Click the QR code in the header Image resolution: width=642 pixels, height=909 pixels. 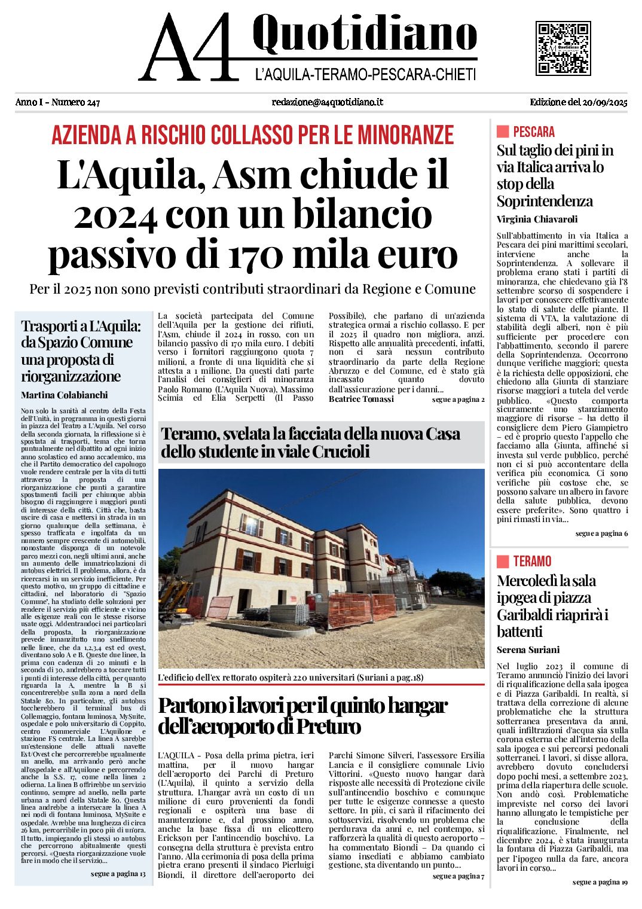[x=563, y=48]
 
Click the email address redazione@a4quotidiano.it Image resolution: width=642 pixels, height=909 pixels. [x=327, y=102]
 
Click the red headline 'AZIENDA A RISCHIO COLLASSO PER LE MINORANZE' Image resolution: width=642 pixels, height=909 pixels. [x=252, y=135]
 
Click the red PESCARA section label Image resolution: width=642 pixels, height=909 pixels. [x=533, y=132]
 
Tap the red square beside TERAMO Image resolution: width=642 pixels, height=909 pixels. [x=503, y=561]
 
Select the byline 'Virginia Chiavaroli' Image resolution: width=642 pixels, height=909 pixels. [x=537, y=219]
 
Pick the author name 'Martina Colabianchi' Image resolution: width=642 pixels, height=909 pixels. [x=65, y=395]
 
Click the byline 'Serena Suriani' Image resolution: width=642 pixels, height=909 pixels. [x=528, y=649]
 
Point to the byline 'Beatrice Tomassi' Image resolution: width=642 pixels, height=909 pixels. [x=361, y=399]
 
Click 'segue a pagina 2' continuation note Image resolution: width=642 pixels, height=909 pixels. [x=458, y=399]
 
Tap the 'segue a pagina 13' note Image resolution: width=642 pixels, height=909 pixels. [x=118, y=874]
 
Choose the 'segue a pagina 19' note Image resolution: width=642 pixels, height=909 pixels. [x=600, y=882]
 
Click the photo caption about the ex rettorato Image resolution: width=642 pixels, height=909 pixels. [x=291, y=678]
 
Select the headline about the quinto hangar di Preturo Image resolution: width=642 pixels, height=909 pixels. [x=302, y=716]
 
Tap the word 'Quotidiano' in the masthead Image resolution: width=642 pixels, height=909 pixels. [x=364, y=35]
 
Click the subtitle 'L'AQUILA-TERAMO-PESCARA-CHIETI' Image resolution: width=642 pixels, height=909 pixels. [x=365, y=75]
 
